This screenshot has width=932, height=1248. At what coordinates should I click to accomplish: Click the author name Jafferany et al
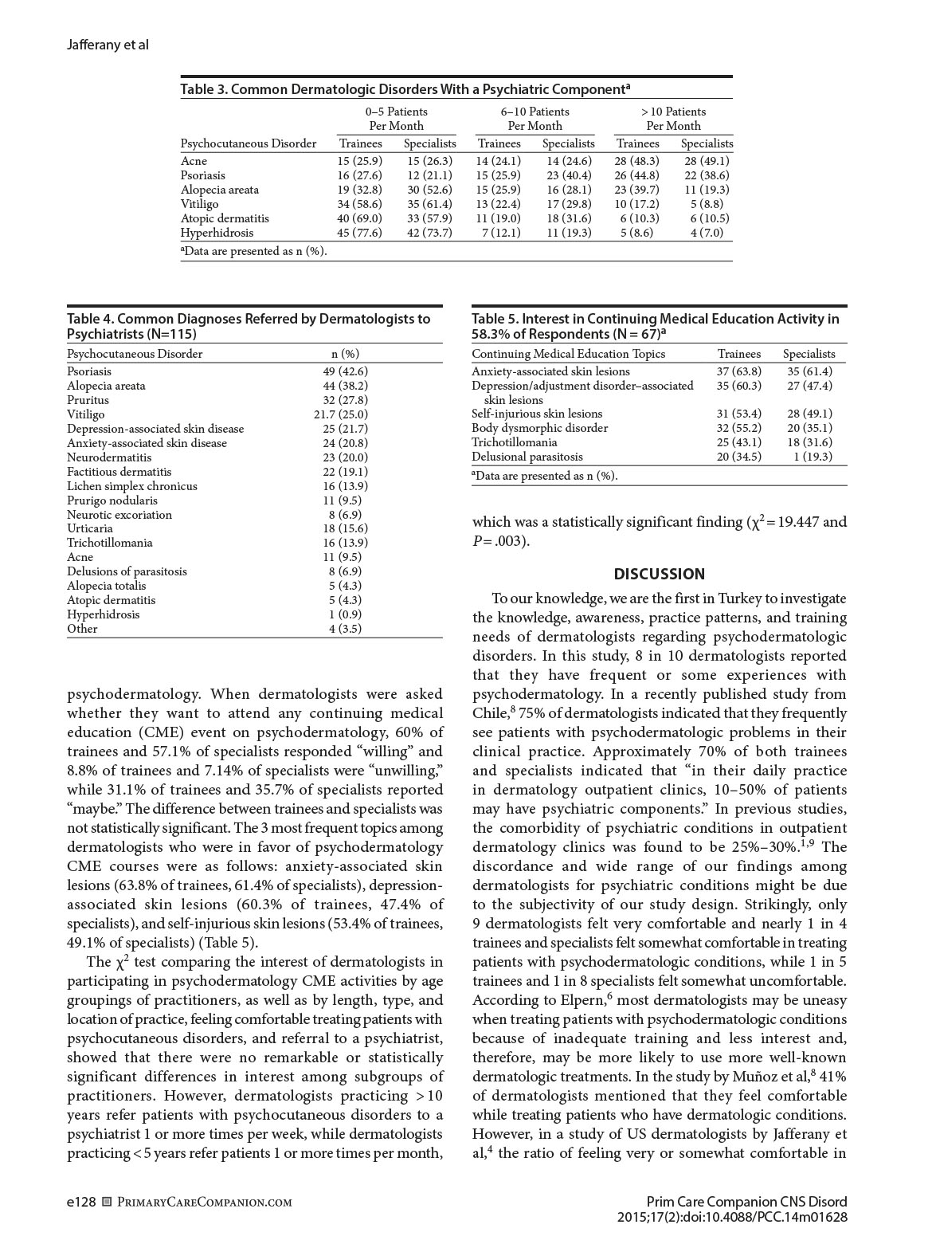point(108,45)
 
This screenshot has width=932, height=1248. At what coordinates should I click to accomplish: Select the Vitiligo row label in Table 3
point(199,204)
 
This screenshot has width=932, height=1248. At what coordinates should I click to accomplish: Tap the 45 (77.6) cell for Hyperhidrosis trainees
point(359,233)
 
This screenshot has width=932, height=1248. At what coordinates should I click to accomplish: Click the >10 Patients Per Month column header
point(673,119)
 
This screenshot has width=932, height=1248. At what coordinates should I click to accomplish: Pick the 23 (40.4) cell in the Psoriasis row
point(567,175)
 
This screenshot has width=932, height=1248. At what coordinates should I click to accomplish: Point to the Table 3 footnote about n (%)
point(253,251)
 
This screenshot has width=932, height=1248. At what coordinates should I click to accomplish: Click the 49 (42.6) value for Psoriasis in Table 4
point(345,371)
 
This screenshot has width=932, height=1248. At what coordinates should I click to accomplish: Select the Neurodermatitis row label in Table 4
point(109,457)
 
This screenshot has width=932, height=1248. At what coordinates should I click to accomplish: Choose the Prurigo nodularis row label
point(112,500)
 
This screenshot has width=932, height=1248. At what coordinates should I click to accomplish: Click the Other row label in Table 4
point(82,629)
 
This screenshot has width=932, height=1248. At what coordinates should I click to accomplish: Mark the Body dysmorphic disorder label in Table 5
point(539,428)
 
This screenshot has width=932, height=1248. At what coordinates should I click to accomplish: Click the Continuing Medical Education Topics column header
point(568,354)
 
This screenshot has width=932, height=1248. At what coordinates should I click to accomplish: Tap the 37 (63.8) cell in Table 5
point(738,371)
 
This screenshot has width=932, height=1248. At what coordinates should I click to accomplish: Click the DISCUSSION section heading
point(659,574)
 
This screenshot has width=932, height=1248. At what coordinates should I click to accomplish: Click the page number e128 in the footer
point(81,1202)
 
